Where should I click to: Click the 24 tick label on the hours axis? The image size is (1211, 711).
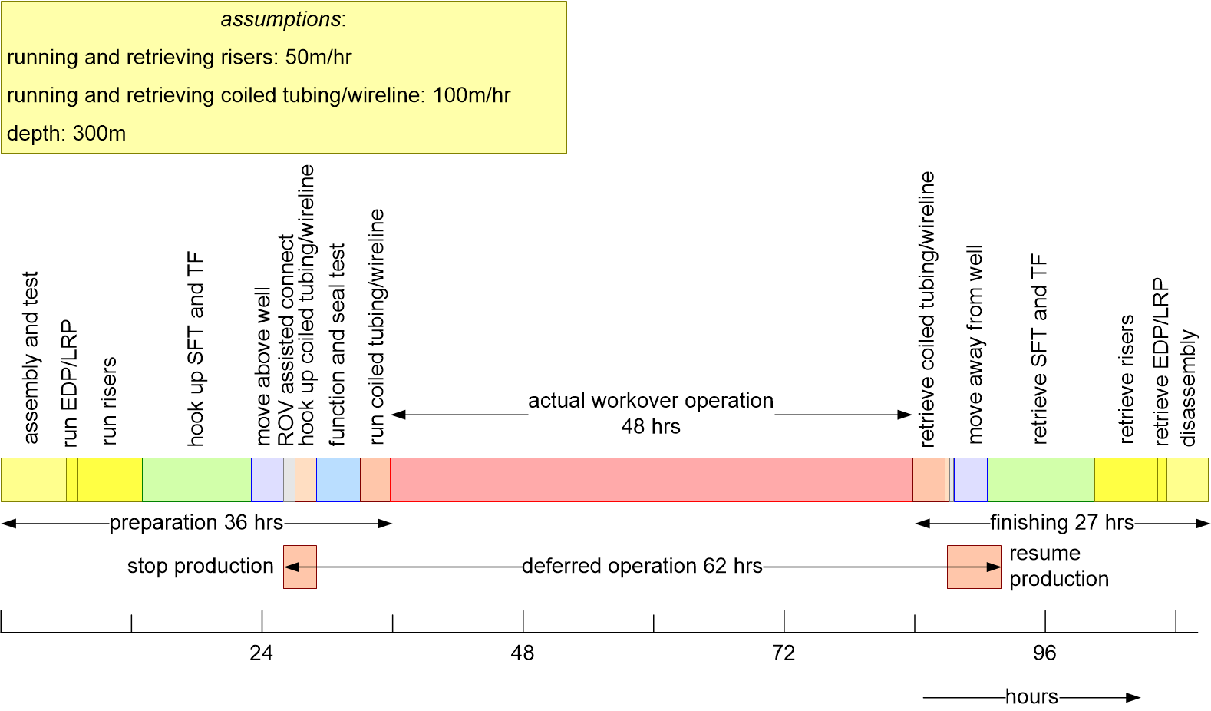(261, 653)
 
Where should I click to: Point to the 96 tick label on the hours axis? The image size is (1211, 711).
(1044, 653)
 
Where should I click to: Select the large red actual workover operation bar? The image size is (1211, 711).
(651, 480)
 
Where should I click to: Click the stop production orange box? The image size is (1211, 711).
(300, 567)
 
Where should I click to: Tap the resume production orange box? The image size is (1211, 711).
(974, 567)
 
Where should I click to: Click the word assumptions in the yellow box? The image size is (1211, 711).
(282, 19)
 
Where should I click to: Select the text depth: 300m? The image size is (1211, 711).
(66, 134)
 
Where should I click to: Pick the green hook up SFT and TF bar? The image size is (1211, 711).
(196, 480)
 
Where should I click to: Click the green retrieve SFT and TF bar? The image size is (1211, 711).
(1041, 480)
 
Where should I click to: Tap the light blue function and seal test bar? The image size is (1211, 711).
(338, 480)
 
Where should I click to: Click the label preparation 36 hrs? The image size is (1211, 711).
(196, 523)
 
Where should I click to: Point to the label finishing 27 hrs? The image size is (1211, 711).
(1062, 523)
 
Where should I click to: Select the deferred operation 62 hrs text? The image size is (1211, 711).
(642, 567)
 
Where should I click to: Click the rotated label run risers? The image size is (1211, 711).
(109, 400)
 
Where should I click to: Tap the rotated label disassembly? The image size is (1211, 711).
(1188, 388)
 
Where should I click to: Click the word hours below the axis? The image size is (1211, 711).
(1031, 697)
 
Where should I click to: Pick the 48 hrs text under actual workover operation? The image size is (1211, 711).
(651, 427)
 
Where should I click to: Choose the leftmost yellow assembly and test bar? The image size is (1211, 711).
(34, 480)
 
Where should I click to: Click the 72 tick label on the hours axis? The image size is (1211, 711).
(784, 653)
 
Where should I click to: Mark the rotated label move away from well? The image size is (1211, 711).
(975, 344)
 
